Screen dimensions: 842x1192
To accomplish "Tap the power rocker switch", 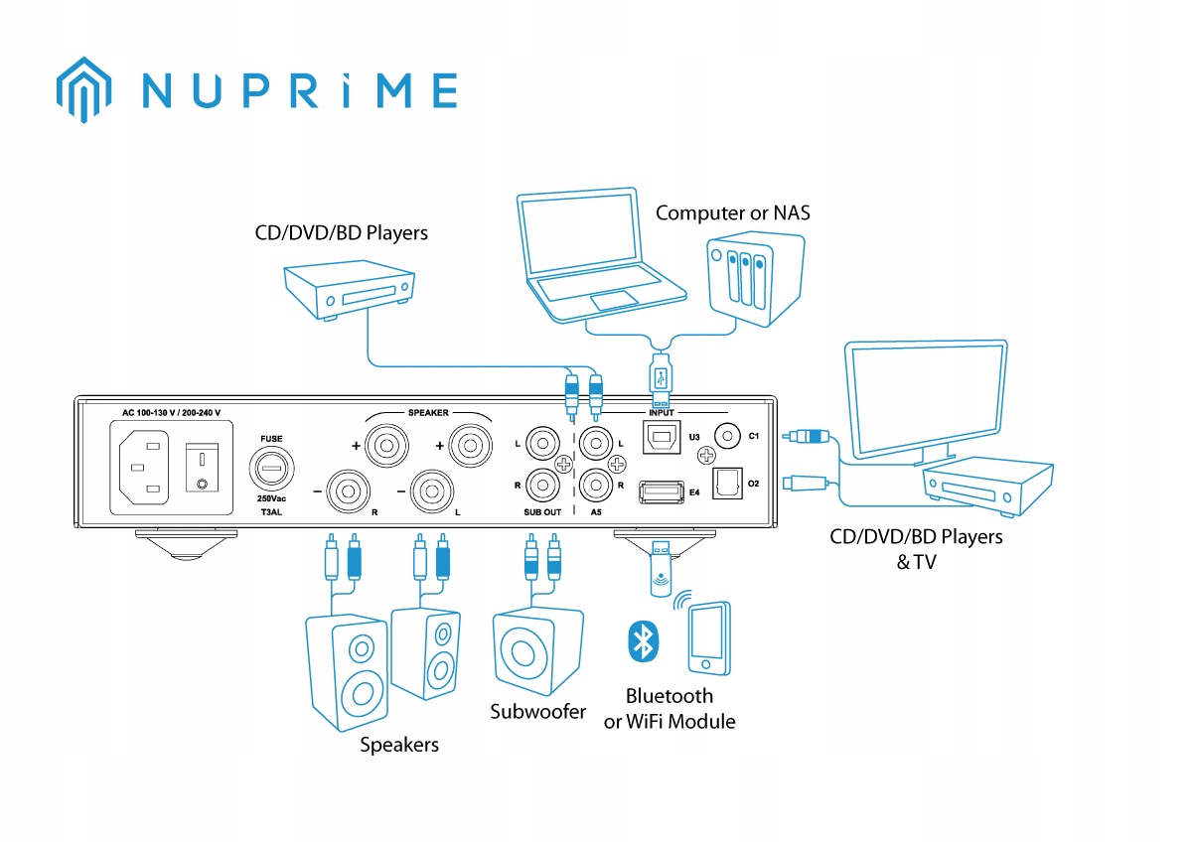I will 203,470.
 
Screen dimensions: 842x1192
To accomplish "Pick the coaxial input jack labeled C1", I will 730,436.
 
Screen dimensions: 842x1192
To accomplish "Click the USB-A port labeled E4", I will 662,490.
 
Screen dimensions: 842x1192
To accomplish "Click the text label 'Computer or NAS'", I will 732,212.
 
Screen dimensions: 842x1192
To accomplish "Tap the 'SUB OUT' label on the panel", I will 542,512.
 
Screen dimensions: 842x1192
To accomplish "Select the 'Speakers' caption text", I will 398,745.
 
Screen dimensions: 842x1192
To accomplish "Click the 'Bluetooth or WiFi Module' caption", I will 670,709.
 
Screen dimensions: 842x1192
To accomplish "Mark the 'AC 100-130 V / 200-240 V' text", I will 170,412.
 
